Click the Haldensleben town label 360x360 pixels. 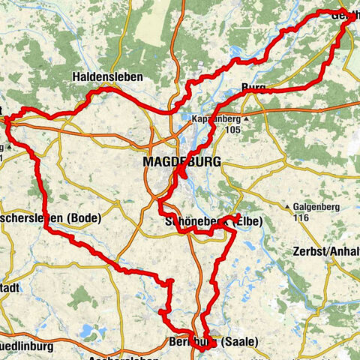pos(102,76)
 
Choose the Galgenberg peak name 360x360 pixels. pos(316,206)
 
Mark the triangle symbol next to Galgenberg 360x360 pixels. pos(288,206)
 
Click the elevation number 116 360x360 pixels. pos(301,217)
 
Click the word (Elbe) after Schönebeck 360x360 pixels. pos(249,221)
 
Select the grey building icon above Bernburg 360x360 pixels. pos(216,329)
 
